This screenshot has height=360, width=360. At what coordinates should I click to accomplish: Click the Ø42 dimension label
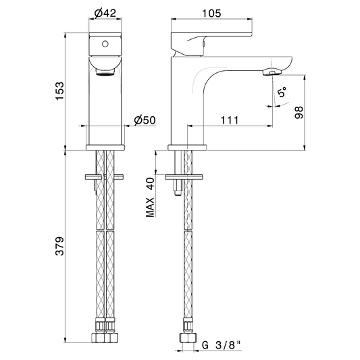click(105, 13)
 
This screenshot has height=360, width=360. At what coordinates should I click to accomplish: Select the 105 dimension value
click(211, 14)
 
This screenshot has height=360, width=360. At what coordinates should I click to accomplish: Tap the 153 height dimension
click(60, 91)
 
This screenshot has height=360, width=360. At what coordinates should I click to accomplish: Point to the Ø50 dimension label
click(145, 120)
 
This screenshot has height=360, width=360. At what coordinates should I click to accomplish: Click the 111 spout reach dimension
click(230, 120)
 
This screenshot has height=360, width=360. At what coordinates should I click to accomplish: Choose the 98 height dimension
click(299, 113)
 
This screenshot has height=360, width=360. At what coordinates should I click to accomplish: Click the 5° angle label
click(282, 92)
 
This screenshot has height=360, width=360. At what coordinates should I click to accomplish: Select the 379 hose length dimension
click(60, 246)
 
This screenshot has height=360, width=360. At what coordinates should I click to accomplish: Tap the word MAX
click(151, 207)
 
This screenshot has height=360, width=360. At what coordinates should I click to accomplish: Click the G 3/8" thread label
click(222, 345)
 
